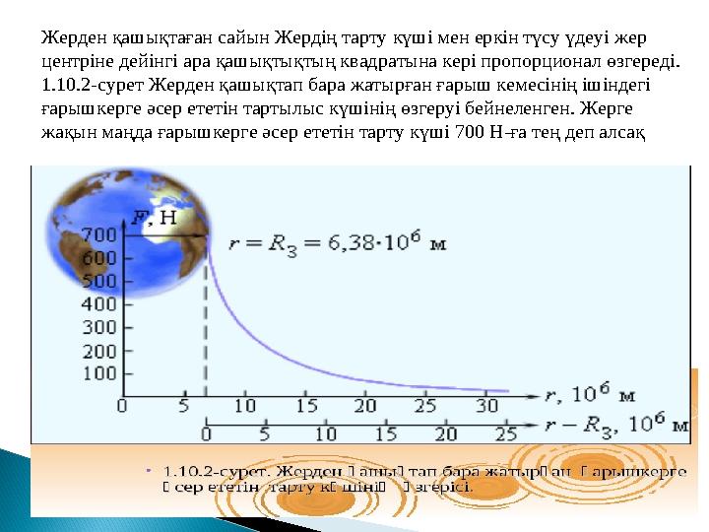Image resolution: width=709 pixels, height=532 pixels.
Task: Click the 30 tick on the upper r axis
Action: pos(487,405)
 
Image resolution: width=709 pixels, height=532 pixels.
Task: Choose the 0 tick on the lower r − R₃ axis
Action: pos(206,433)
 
